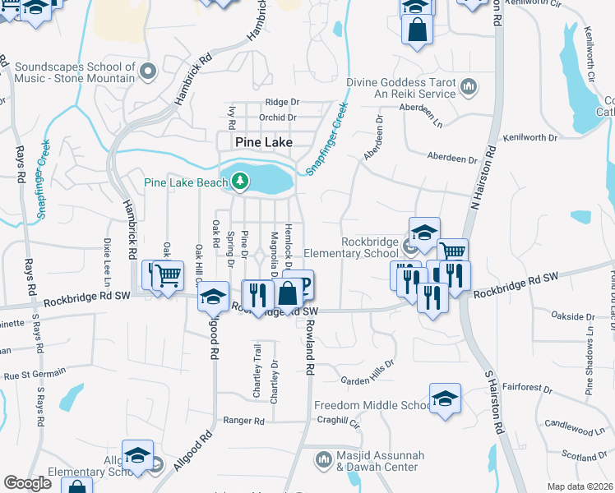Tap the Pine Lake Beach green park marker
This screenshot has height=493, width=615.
(x=239, y=181)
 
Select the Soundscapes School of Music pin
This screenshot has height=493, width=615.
(x=149, y=71)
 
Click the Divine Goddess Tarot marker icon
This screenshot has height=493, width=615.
(x=469, y=86)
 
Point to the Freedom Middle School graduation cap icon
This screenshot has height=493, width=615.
(x=445, y=399)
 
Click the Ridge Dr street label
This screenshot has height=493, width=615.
(x=282, y=102)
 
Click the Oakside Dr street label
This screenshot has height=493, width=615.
(x=573, y=316)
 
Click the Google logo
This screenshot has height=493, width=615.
(x=27, y=483)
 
